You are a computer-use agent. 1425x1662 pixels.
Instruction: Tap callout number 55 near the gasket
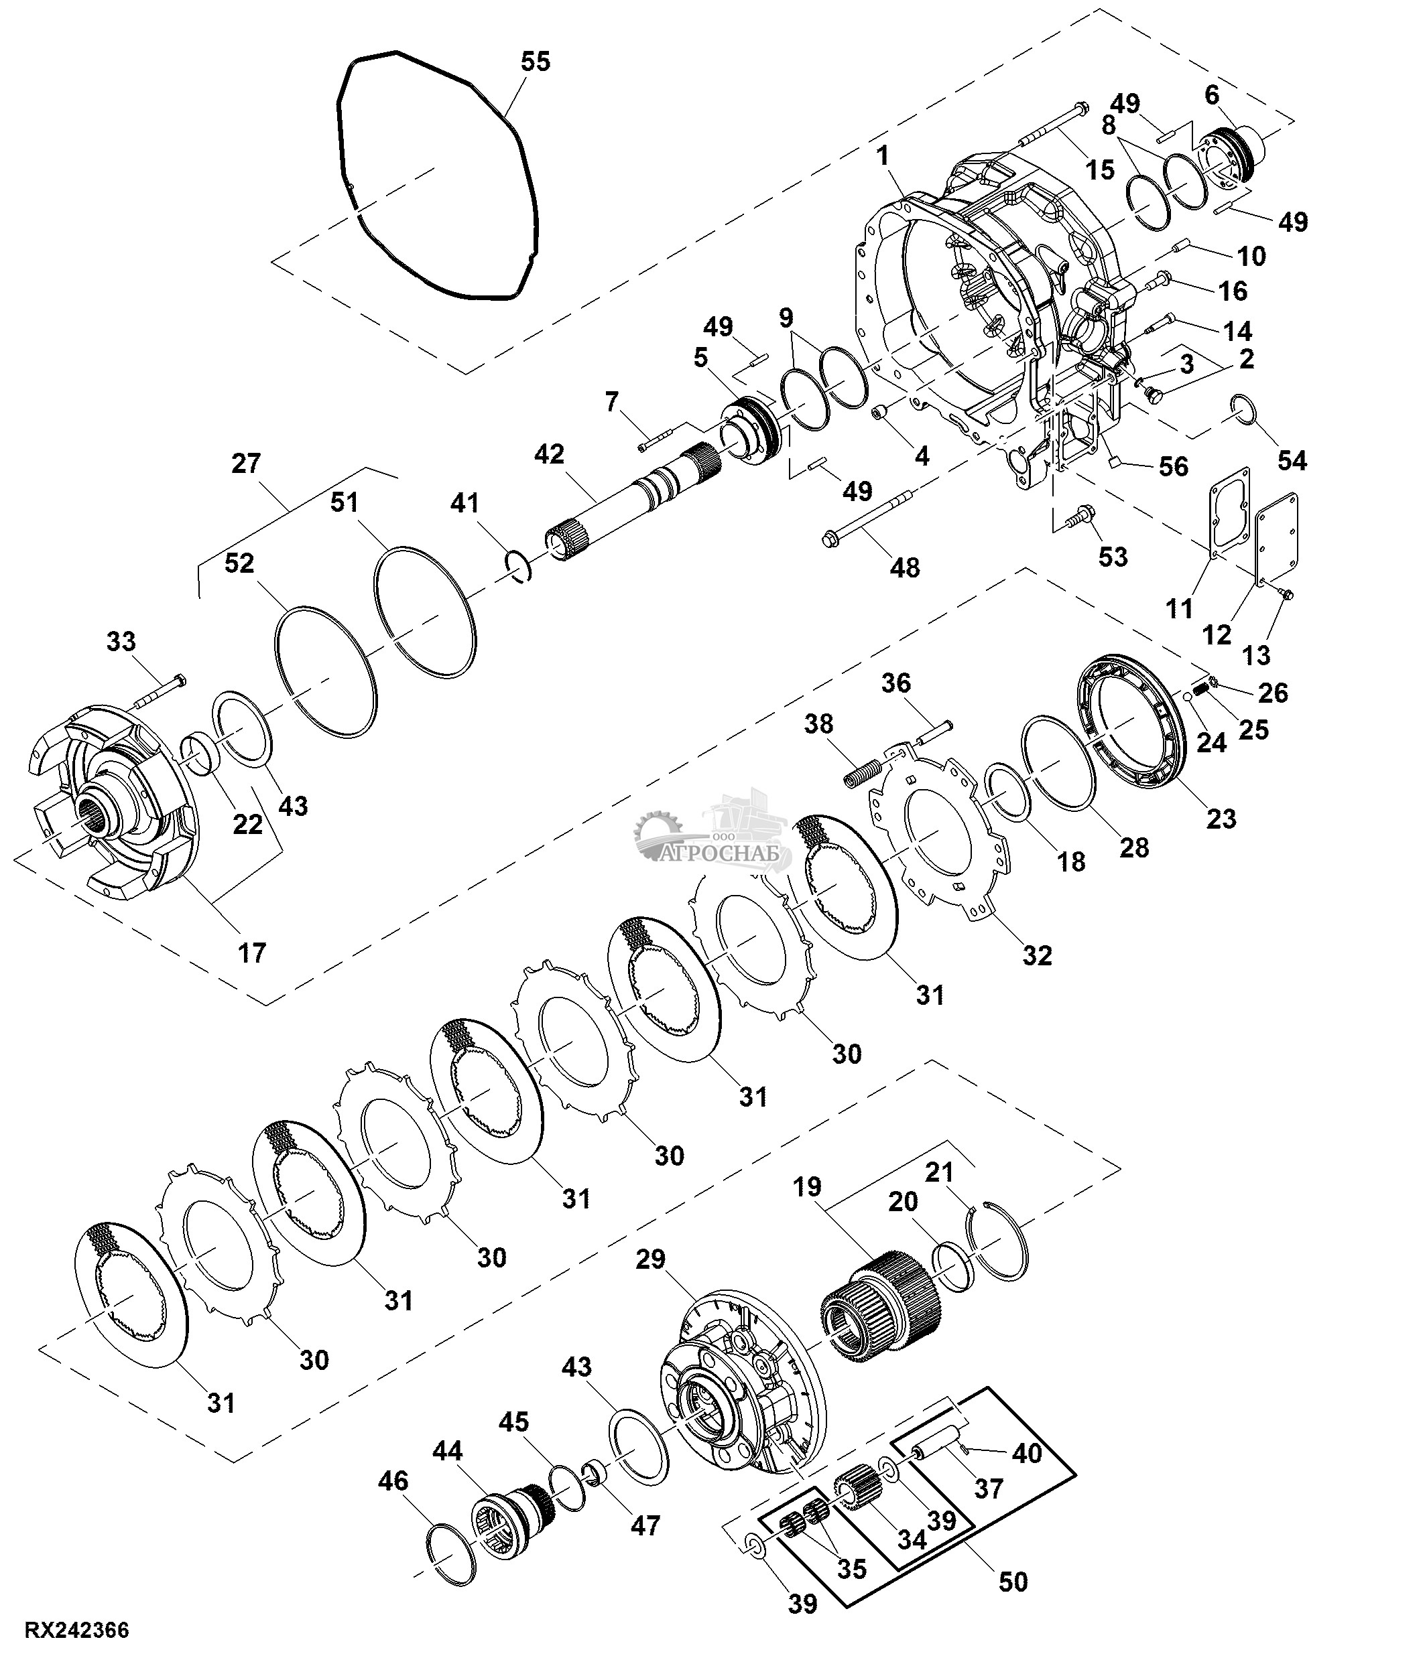pyautogui.click(x=535, y=61)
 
